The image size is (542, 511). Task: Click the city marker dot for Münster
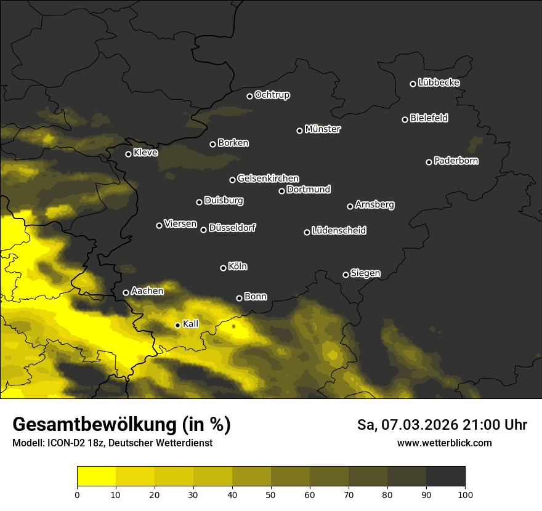point(300,131)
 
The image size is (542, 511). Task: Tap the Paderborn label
point(456,161)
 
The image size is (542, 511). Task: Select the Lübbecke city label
point(439,82)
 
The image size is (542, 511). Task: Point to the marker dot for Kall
point(178,325)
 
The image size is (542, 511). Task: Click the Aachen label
point(147,291)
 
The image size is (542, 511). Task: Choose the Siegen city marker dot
point(346,275)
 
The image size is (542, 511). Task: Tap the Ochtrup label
point(272,95)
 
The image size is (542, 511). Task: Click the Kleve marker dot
point(129,154)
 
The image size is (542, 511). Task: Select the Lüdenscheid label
point(339,231)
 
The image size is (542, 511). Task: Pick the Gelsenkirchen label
point(268,179)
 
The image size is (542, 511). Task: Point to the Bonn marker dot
point(240,298)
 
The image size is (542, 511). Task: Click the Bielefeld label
point(429,118)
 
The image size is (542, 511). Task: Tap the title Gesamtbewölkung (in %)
point(121,425)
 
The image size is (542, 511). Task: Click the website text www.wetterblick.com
point(444,443)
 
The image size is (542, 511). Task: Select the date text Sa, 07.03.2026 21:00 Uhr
point(442,425)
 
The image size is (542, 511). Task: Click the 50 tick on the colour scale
point(271,494)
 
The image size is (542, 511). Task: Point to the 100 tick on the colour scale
point(465,494)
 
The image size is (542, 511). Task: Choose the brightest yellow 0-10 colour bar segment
point(96,477)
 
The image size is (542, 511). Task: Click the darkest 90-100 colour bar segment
point(445,477)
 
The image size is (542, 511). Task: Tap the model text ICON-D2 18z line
point(112,443)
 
